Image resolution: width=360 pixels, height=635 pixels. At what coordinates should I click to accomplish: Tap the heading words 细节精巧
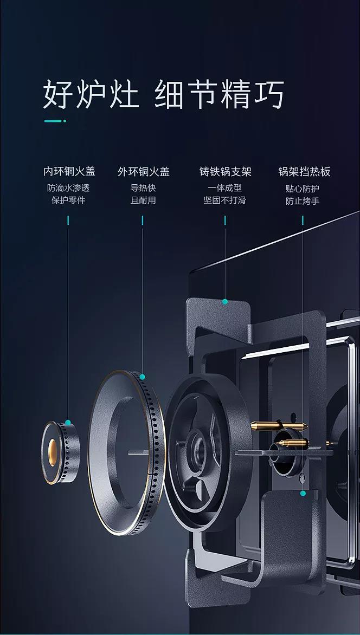click(x=220, y=95)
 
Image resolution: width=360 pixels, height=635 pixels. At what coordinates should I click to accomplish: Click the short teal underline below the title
click(x=55, y=121)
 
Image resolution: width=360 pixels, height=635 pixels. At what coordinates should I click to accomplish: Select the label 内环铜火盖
click(x=69, y=172)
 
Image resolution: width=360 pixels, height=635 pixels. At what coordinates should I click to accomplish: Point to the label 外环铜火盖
click(x=143, y=172)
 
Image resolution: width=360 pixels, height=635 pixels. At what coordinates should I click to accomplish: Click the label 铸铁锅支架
click(x=225, y=172)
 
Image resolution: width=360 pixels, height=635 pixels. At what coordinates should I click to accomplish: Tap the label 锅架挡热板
click(x=304, y=172)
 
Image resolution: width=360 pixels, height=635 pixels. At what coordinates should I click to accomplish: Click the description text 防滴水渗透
click(x=68, y=188)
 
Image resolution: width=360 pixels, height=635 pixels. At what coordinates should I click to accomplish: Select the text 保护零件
click(x=68, y=200)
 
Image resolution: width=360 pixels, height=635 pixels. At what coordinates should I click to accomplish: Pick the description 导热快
click(x=143, y=188)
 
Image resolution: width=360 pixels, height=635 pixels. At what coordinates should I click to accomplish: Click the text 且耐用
click(x=143, y=200)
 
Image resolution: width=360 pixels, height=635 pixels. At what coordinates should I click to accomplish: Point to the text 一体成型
click(x=224, y=188)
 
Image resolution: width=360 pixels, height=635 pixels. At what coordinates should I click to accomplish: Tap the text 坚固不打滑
click(x=224, y=200)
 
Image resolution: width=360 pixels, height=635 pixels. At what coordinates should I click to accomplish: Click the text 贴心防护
click(x=303, y=189)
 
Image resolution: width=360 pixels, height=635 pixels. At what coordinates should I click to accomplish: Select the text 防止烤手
click(x=303, y=201)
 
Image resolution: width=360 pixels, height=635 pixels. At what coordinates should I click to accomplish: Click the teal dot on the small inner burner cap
click(x=68, y=423)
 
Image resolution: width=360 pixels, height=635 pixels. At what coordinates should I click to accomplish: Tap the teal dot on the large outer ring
click(x=143, y=377)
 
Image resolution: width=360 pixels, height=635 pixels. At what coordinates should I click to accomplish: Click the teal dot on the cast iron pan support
click(x=224, y=302)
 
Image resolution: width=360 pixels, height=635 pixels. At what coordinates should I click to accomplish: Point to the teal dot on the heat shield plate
click(x=303, y=493)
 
